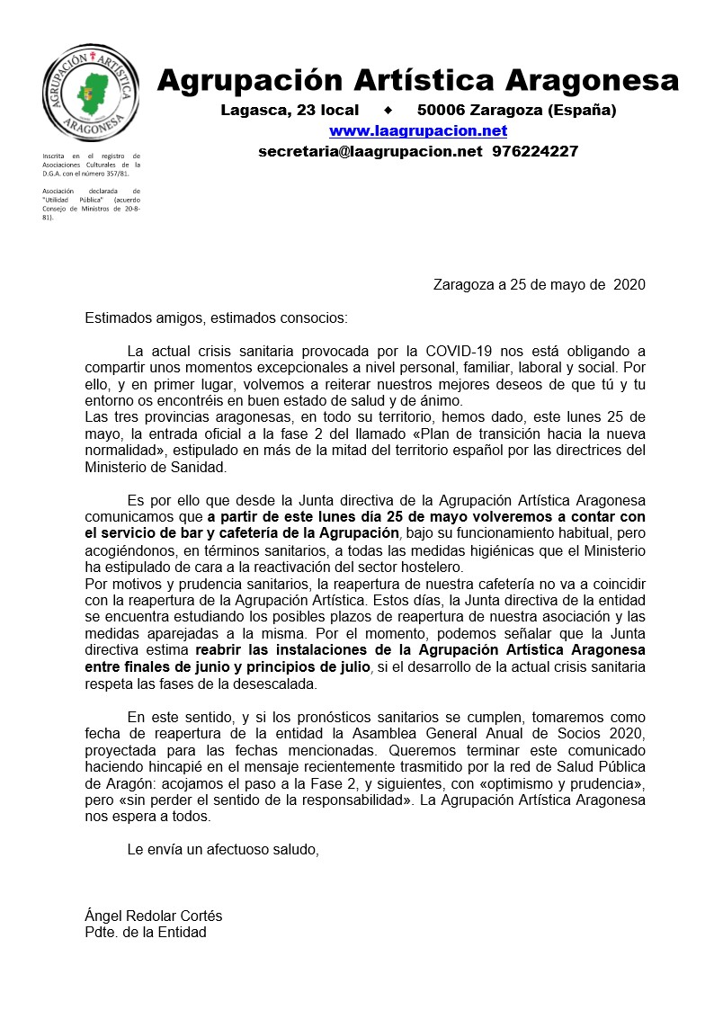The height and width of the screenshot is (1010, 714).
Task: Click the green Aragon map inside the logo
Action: [92, 91]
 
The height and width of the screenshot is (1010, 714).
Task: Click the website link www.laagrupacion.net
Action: [418, 131]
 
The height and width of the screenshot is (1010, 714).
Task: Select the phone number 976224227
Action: [535, 151]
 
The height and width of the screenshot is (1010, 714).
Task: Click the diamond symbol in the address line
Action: [388, 111]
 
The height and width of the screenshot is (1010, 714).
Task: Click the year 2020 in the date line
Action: [629, 285]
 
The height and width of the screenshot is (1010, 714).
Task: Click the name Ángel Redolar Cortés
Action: [153, 916]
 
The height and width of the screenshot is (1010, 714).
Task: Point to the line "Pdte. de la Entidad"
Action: [145, 932]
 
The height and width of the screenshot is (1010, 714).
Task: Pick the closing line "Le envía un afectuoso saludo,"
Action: [223, 848]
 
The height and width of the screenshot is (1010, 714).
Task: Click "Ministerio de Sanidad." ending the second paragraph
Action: [156, 467]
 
